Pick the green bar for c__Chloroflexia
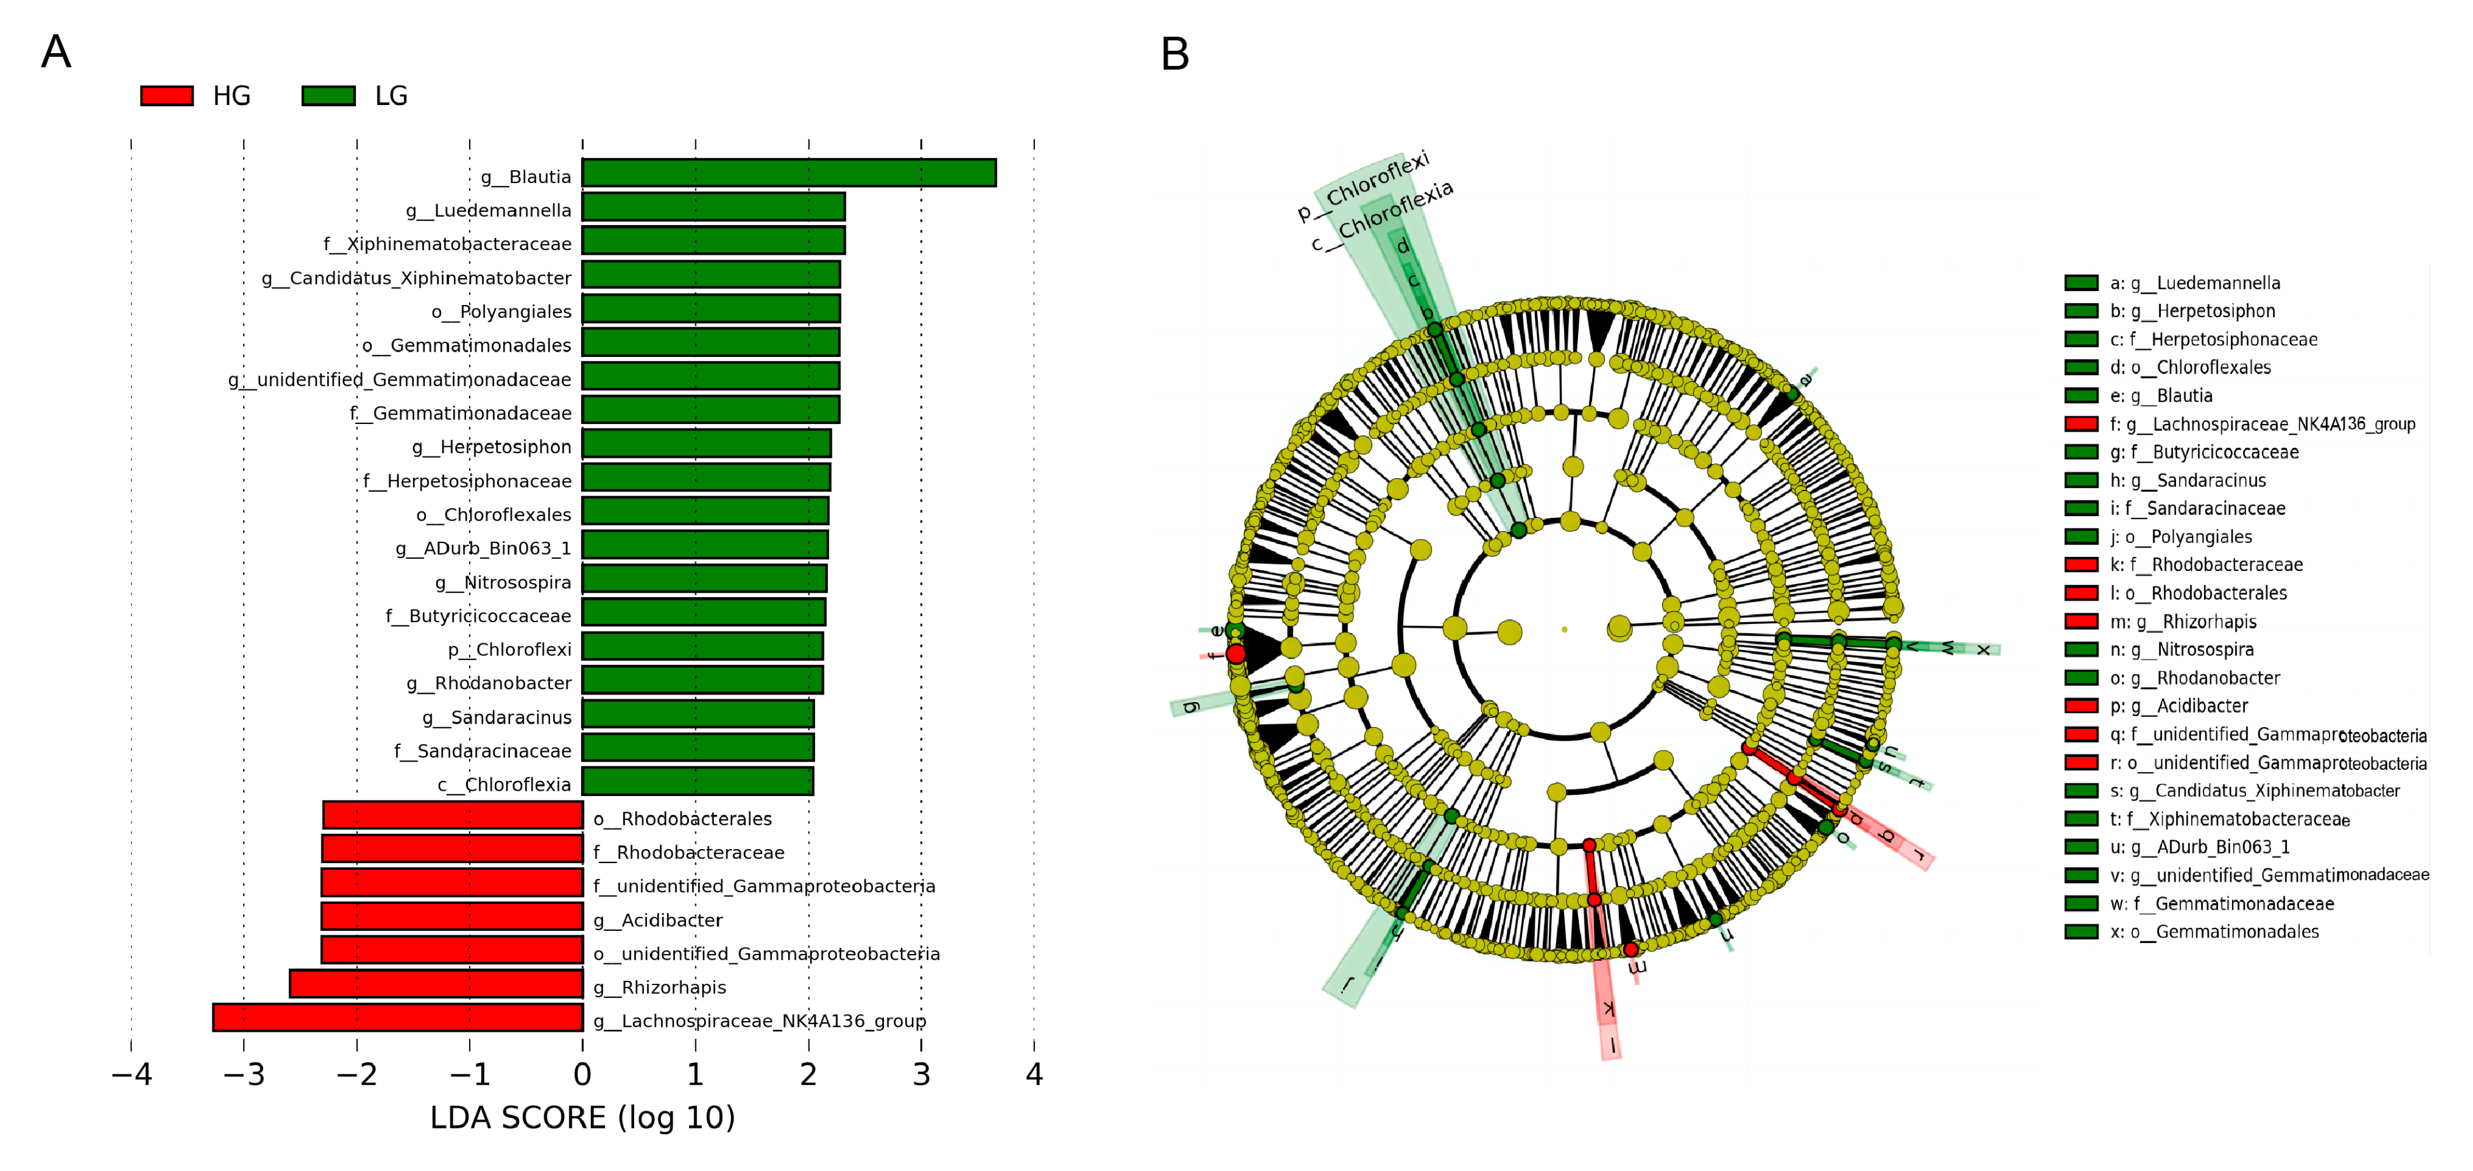[x=698, y=781]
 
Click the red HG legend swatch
[x=167, y=96]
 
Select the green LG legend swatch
[x=328, y=96]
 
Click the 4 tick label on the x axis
[x=1034, y=1074]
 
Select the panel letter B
[x=1175, y=55]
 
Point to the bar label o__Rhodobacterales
[x=683, y=819]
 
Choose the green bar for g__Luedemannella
[x=713, y=206]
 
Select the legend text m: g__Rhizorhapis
[x=2182, y=622]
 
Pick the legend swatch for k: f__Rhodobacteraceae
[x=2082, y=565]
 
